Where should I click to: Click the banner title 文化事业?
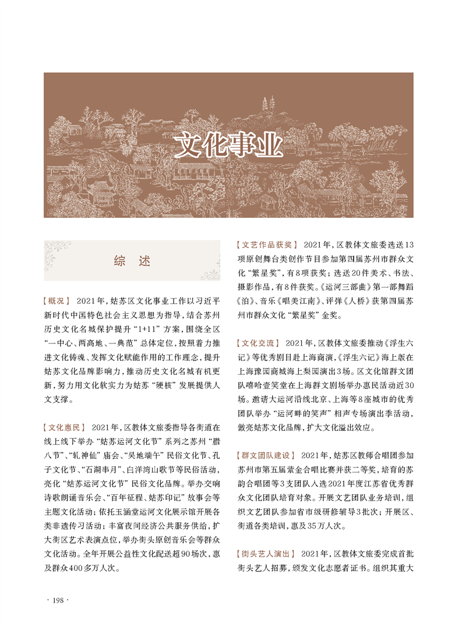229,146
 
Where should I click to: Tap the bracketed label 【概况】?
57,301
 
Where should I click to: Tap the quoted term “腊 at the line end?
213,441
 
